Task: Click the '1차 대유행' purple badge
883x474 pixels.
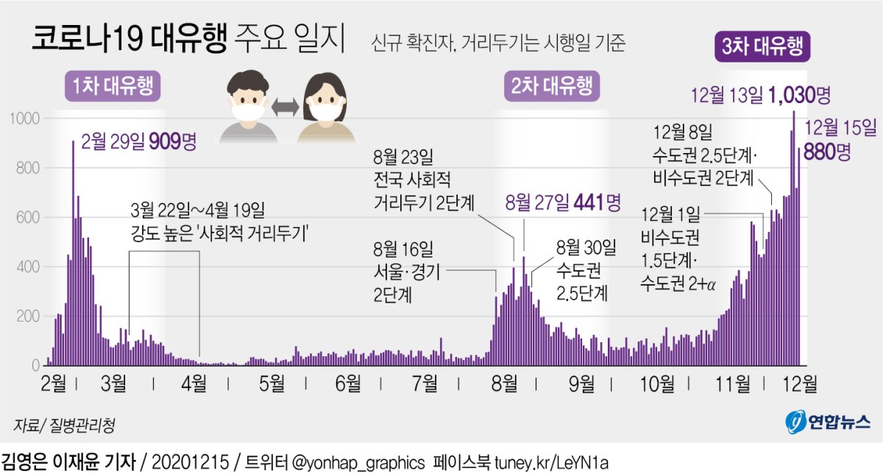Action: tap(112, 86)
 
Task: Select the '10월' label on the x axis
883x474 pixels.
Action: tap(657, 383)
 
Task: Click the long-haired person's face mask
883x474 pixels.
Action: tap(325, 113)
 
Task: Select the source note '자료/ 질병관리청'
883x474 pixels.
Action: tap(64, 425)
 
